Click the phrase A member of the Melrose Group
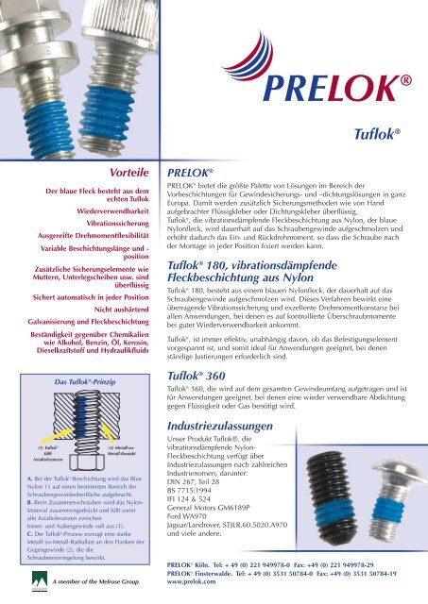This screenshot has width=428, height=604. coord(99,582)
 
